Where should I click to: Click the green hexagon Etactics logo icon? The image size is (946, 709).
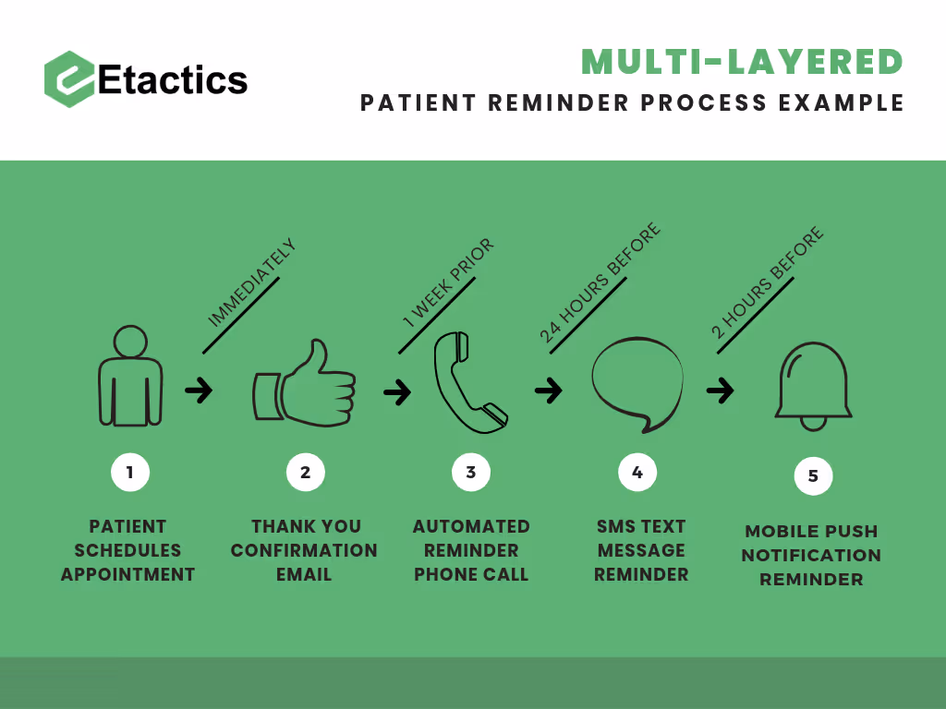(x=69, y=79)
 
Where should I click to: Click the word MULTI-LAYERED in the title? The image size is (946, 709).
(x=742, y=62)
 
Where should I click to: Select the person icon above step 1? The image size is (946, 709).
(x=130, y=378)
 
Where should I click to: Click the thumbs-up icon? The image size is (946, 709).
(x=305, y=385)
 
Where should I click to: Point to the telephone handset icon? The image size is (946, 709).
(x=469, y=382)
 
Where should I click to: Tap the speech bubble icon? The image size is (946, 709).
(x=637, y=384)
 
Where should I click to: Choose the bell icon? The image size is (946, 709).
(x=813, y=387)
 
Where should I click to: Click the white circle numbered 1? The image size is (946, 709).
(x=129, y=473)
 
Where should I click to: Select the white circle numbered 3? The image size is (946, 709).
(x=470, y=473)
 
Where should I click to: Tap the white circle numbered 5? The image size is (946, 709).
(x=813, y=476)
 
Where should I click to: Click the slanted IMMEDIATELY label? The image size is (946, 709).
(x=251, y=283)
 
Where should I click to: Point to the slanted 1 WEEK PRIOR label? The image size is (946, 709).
(x=448, y=283)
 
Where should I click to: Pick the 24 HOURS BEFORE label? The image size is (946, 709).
(x=600, y=283)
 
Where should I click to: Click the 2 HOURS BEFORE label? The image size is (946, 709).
(x=767, y=284)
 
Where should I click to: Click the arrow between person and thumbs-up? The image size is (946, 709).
(x=199, y=391)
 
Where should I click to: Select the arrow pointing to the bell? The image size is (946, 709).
(x=721, y=391)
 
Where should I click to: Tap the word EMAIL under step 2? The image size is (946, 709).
(x=304, y=574)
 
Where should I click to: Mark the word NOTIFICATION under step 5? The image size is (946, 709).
(x=811, y=556)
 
